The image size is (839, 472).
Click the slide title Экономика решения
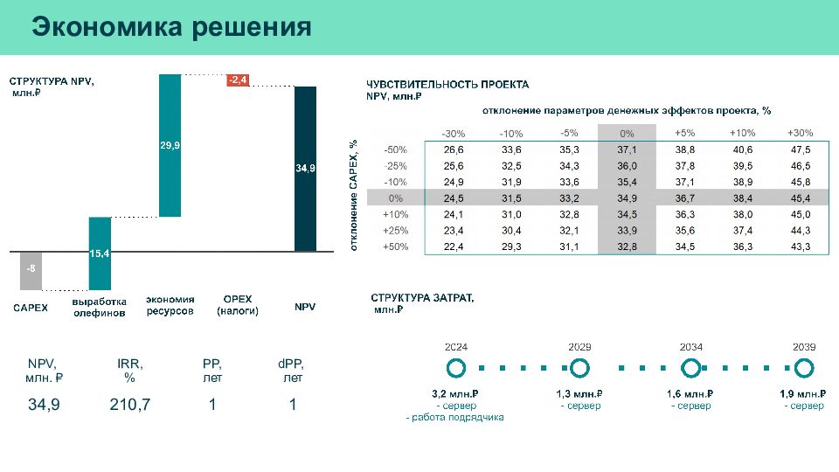coord(171,27)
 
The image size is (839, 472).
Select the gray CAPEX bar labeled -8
coord(31,270)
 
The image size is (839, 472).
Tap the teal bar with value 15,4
coord(100,253)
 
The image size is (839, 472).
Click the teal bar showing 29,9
coord(170,146)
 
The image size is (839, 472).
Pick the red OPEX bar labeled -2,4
coord(238,80)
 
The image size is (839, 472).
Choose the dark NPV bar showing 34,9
coord(305,169)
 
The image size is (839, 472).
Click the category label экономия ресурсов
coord(170,305)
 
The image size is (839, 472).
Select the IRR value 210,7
coord(129,405)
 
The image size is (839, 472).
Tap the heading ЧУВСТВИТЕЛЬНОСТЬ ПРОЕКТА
coord(447,85)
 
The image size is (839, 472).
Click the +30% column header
coord(800,133)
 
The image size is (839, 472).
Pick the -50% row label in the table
coord(396,149)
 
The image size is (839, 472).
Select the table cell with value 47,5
coord(800,149)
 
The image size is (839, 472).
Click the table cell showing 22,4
coord(454,247)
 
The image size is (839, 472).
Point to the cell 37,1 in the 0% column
coord(627,149)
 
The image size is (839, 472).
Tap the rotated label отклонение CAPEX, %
coord(354,195)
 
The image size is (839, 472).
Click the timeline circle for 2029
coord(579,368)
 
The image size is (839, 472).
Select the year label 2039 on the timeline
coord(804,347)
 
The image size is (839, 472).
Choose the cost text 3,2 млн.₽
coord(455,394)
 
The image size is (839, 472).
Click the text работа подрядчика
coord(457,418)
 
